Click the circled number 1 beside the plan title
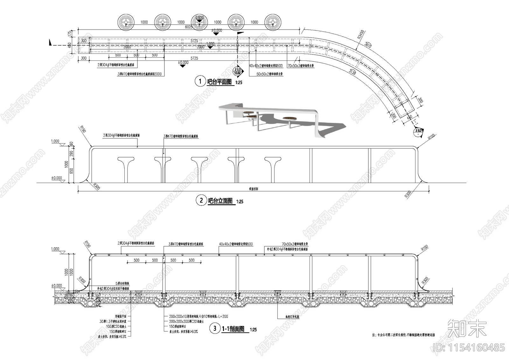pos(200,81)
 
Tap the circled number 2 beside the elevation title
pos(201,201)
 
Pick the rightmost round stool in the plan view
pos(273,22)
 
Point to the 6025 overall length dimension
pos(189,27)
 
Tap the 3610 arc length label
pos(368,45)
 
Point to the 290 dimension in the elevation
pos(71,154)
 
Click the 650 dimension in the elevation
pos(71,171)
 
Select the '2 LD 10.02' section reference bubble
pos(237,71)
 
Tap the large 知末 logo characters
pos(467,329)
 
